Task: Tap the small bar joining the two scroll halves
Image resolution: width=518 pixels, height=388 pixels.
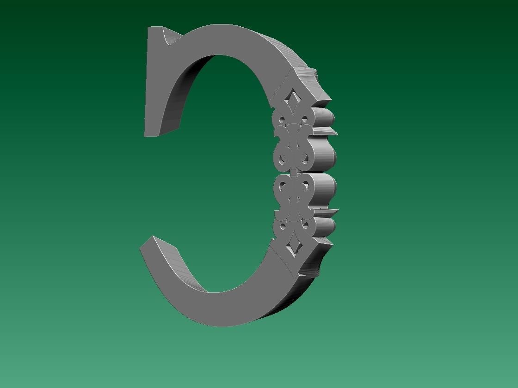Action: pyautogui.click(x=293, y=171)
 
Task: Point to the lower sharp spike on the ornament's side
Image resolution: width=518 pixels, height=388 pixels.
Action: pyautogui.click(x=329, y=212)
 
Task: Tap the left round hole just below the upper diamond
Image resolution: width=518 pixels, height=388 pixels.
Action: pyautogui.click(x=281, y=121)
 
